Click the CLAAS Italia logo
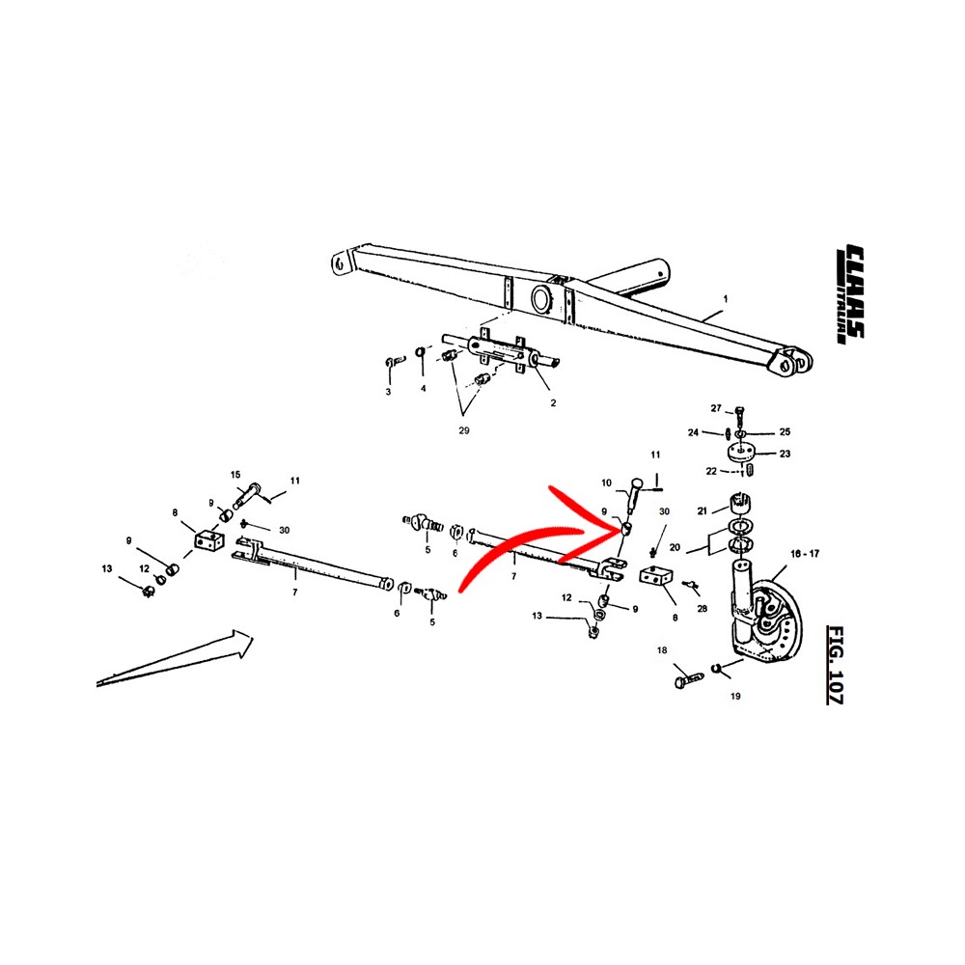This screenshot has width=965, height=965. point(850,293)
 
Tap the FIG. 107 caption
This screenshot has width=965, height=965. point(835,665)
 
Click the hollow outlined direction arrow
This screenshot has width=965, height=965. point(176,657)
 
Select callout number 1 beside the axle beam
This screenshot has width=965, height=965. point(726,299)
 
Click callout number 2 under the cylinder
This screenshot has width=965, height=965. point(553,403)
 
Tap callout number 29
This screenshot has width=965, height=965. point(464,430)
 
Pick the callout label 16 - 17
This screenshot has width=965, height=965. point(805,554)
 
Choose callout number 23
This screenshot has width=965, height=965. point(785,454)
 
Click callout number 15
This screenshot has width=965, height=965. point(235,475)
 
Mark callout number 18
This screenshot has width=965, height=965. point(662,649)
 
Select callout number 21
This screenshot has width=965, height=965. point(703,510)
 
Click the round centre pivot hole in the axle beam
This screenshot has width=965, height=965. point(542,300)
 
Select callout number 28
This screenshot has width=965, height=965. point(703,609)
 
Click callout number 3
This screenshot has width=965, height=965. point(388,392)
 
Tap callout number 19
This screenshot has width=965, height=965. point(735,696)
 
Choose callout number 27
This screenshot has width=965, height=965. point(716,408)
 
